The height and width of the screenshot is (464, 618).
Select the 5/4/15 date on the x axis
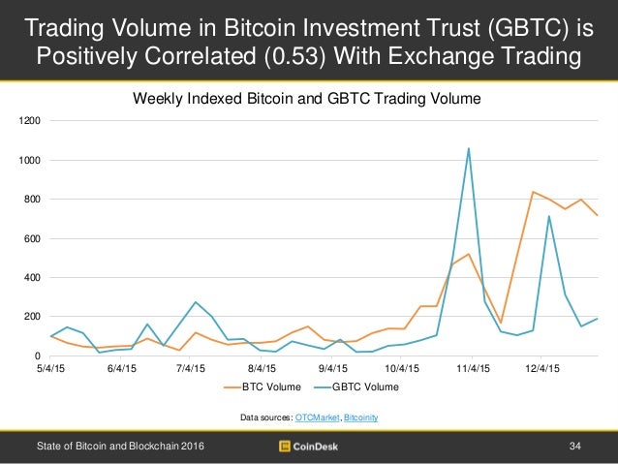[x=51, y=368]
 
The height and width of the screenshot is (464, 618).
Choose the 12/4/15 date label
[x=543, y=368]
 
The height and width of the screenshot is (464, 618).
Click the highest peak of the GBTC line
[x=469, y=148]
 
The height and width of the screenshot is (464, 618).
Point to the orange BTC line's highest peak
[x=533, y=192]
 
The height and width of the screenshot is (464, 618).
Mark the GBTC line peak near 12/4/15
[x=549, y=216]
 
